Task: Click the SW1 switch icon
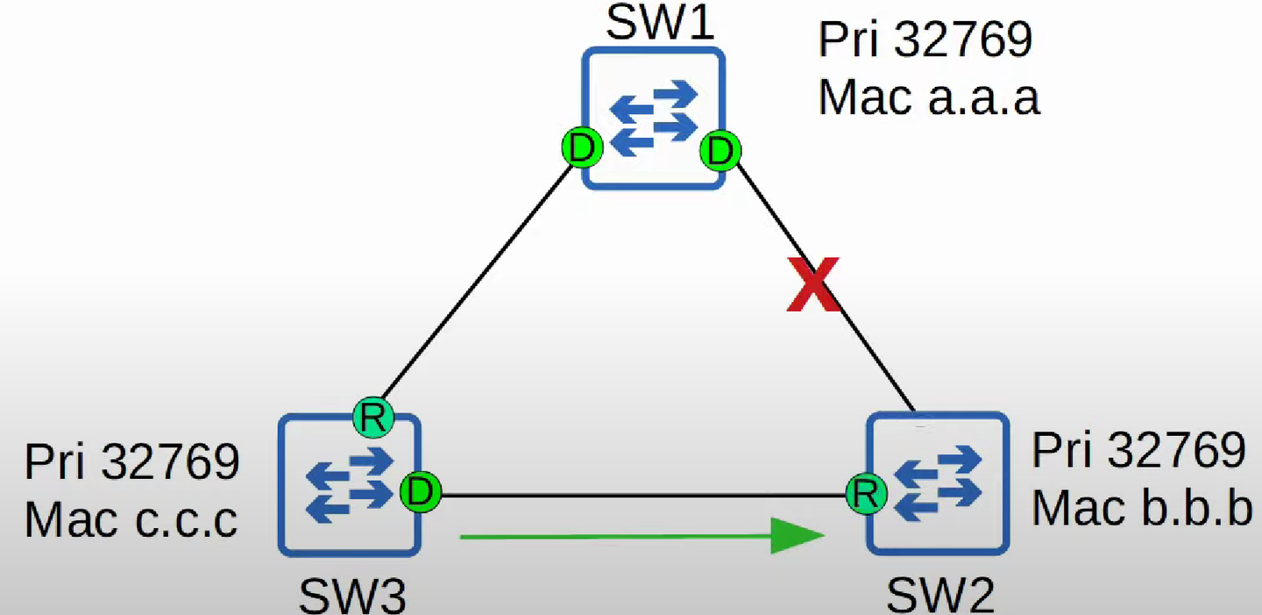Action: tap(653, 118)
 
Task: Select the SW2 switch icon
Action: tap(938, 483)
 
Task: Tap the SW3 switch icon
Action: tap(350, 485)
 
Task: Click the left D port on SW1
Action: tap(582, 147)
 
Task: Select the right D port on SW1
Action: tap(720, 151)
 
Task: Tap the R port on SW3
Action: tap(373, 418)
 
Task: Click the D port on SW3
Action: tap(421, 491)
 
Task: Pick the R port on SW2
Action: tap(867, 494)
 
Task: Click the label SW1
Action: tap(660, 23)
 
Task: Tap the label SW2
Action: tap(940, 596)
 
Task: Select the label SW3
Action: tap(352, 597)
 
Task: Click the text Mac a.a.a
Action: tap(928, 97)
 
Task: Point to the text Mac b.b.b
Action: tap(1143, 508)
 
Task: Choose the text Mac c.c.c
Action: tap(131, 519)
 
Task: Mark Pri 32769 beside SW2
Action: tap(1138, 450)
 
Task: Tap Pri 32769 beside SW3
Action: tap(132, 461)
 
